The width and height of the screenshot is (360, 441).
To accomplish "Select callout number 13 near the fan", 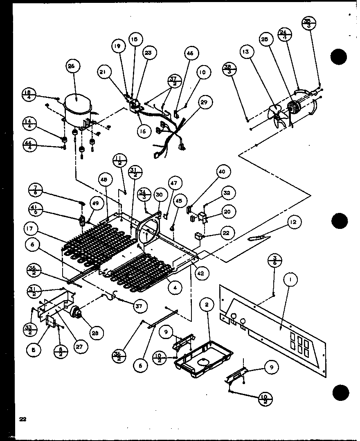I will click(x=248, y=52).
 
